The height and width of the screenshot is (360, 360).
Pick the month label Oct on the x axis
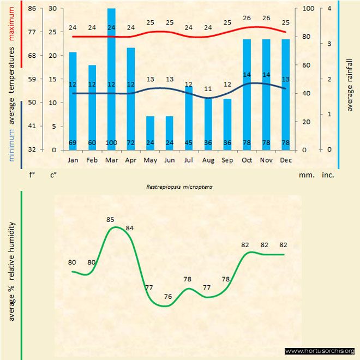[247, 160]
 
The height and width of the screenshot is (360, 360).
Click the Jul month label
[189, 160]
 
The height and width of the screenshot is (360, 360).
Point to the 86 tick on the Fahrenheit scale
[32, 9]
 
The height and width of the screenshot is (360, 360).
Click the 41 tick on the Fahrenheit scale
[32, 126]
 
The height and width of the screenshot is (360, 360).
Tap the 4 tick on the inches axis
[328, 9]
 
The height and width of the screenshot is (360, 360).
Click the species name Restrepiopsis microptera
[179, 187]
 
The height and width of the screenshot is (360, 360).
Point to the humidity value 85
[110, 220]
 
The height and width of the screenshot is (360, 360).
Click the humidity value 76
[168, 297]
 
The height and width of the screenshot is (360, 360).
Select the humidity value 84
[130, 227]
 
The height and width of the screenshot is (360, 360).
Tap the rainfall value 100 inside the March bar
[111, 143]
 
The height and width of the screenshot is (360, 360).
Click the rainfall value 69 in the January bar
[73, 143]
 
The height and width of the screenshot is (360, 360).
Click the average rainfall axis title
[350, 85]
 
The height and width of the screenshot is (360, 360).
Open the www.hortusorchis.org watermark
[320, 351]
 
